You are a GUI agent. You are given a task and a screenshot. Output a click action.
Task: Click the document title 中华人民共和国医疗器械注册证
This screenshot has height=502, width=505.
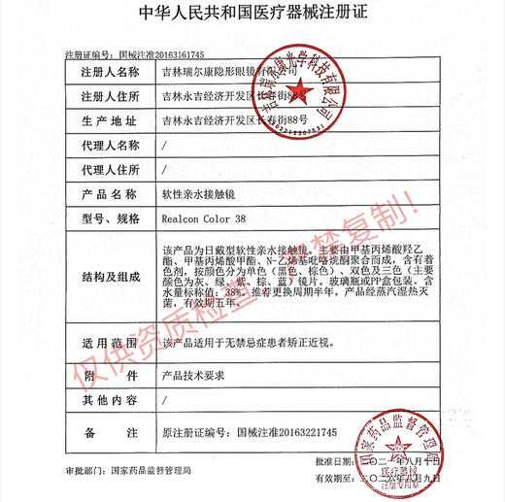coord(252,17)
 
